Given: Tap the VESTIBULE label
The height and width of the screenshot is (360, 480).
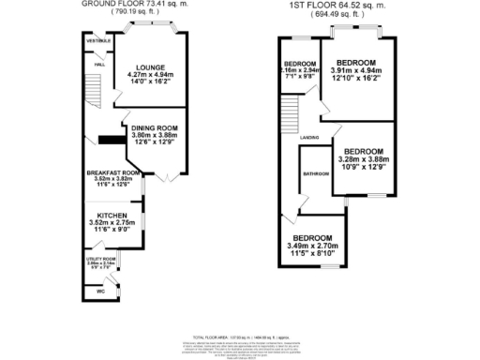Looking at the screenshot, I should tap(99, 41).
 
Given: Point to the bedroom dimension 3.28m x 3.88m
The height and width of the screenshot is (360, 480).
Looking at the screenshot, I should tap(361, 160).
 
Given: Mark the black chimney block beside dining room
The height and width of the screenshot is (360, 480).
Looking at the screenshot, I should tap(112, 142).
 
